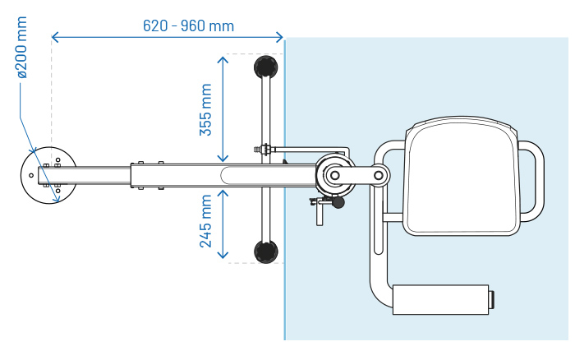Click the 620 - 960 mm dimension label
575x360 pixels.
pyautogui.click(x=188, y=25)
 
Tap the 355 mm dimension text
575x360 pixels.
pyautogui.click(x=206, y=109)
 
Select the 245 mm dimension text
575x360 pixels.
pyautogui.click(x=206, y=221)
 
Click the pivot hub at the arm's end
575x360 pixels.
pyautogui.click(x=334, y=175)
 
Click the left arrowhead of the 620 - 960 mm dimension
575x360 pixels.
pyautogui.click(x=55, y=37)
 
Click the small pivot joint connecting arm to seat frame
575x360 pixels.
pyautogui.click(x=379, y=174)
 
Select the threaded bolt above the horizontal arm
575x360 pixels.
pyautogui.click(x=264, y=150)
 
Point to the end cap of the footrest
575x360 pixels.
pyautogui.click(x=490, y=299)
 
